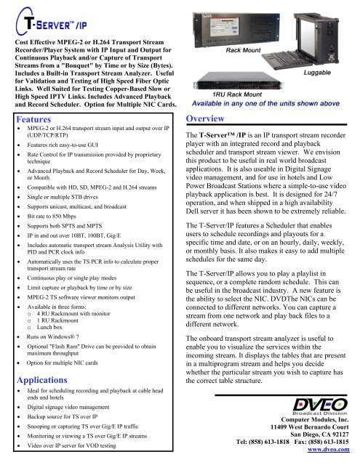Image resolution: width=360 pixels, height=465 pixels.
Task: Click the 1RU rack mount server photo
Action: click(x=226, y=76)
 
